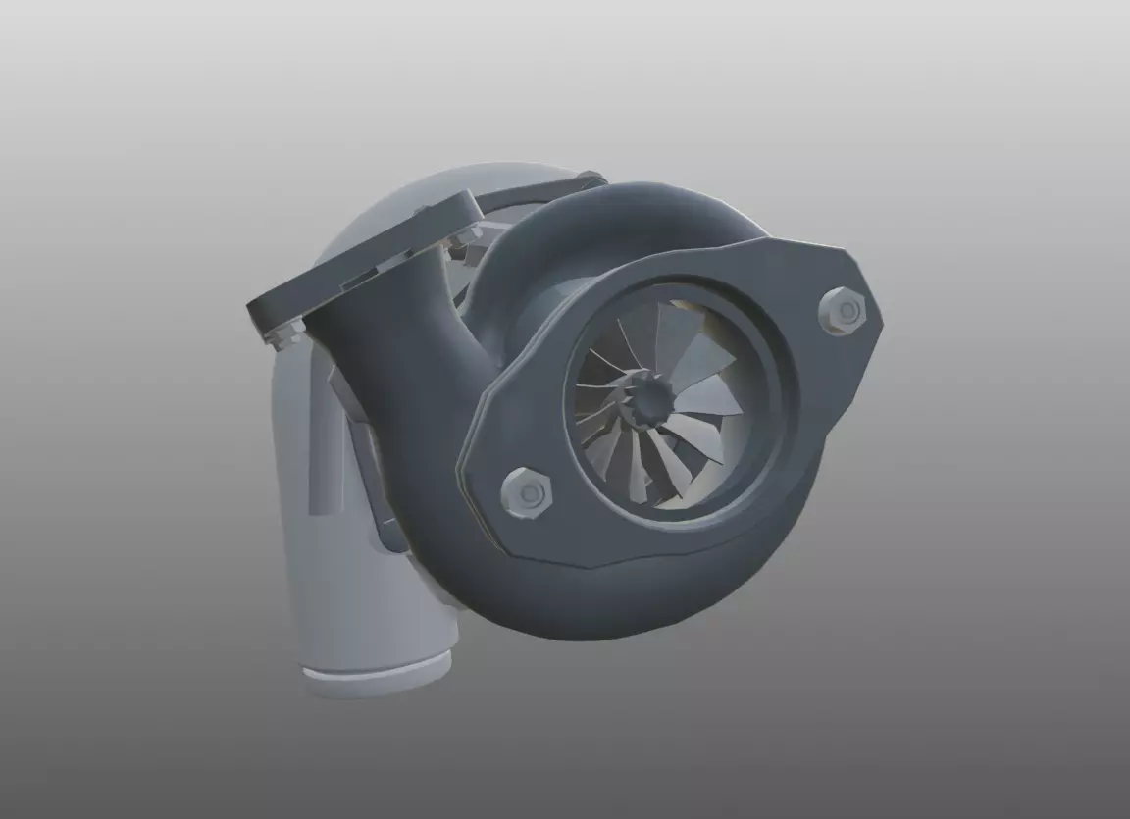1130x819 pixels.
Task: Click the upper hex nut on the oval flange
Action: [842, 312]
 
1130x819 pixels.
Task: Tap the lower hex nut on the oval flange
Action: [528, 492]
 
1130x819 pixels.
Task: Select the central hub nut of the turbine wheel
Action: [647, 396]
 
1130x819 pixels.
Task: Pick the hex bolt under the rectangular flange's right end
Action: [464, 236]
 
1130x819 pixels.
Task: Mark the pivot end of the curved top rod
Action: [591, 179]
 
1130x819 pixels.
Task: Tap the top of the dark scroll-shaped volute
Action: [628, 211]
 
